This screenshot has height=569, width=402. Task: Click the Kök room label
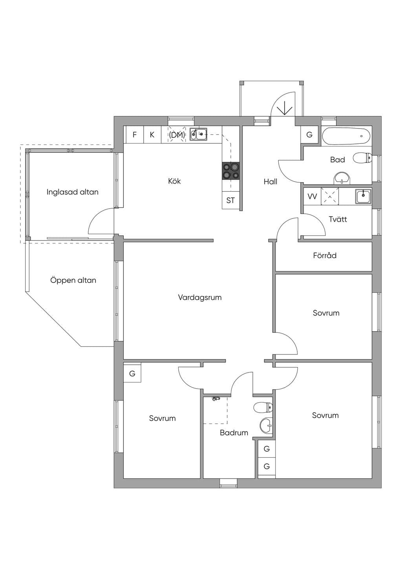(174, 181)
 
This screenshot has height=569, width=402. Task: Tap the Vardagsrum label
(200, 297)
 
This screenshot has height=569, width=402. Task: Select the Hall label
(270, 182)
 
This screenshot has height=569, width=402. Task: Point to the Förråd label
(325, 255)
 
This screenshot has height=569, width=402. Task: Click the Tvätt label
(338, 219)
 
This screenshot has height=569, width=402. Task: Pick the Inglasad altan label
(72, 192)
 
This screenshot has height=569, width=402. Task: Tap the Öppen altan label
(73, 281)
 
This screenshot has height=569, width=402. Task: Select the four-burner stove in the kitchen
(231, 171)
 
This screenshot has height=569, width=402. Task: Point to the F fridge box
(135, 135)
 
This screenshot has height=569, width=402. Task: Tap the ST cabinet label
(230, 201)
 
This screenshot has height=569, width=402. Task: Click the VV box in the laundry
(312, 196)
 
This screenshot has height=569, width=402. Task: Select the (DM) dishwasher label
(177, 135)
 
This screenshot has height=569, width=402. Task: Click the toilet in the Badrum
(263, 407)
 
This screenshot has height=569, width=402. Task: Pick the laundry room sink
(363, 196)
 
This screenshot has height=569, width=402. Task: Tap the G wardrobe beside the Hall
(309, 135)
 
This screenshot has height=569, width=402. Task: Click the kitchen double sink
(198, 134)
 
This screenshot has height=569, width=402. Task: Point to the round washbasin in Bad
(342, 178)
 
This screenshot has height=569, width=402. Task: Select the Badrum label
(234, 433)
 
